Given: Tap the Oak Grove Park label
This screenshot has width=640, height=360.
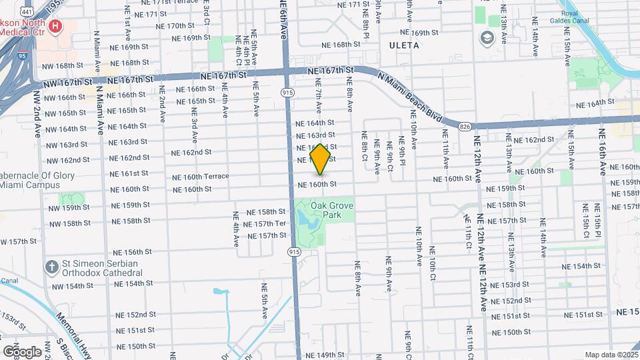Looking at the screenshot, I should pos(331,210).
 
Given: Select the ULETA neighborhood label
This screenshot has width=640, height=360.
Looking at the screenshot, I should pos(404,45).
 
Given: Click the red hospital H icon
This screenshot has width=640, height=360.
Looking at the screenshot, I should pos(56,27).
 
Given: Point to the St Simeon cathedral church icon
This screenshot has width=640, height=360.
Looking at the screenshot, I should pos(52,267).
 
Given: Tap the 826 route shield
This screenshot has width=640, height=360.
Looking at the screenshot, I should pos(465,125).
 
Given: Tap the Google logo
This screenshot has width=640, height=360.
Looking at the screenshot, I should pos(22,351).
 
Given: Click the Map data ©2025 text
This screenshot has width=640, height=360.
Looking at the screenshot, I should pos(611,355).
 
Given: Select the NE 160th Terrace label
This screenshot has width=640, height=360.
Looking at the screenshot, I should pos(200,177).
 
